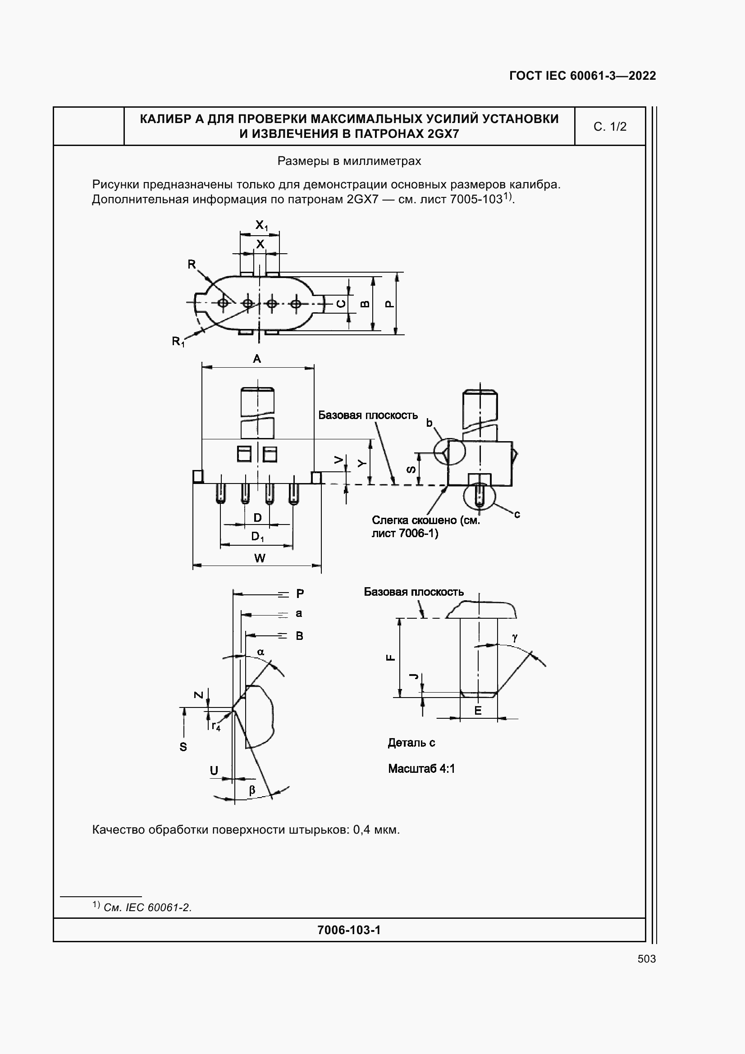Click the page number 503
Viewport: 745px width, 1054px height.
pos(646,958)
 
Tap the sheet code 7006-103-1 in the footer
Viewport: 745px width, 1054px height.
pos(349,930)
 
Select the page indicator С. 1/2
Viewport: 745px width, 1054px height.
pos(610,127)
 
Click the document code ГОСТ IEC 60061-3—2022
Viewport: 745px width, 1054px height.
pos(582,76)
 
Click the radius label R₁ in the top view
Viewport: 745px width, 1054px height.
pos(178,342)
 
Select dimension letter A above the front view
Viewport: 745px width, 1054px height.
pos(257,359)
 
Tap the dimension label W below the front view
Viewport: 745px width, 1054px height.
pos(259,558)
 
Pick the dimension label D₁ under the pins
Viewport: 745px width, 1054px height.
pos(257,536)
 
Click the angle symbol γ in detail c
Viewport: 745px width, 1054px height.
pos(515,638)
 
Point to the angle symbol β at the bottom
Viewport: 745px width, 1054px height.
pos(252,789)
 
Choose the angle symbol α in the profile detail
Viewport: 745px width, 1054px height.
pos(261,652)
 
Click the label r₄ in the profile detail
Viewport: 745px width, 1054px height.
pos(216,726)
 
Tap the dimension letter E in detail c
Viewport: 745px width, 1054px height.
pos(478,711)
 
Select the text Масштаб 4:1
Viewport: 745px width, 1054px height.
pos(421,768)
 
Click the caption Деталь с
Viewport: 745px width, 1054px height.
pos(411,743)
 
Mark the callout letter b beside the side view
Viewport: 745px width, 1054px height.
pos(429,423)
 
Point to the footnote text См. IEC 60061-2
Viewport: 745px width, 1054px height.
pos(147,908)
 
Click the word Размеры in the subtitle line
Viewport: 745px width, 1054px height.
pos(299,161)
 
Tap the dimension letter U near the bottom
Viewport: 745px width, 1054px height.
pos(214,771)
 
